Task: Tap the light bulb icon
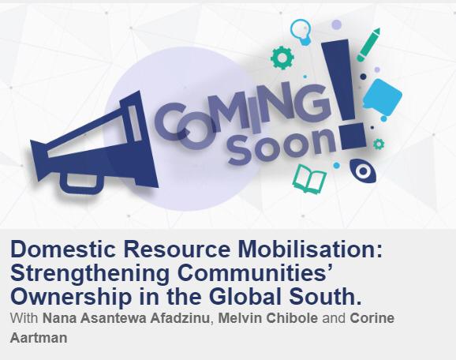click(x=301, y=32)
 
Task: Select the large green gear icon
click(x=282, y=58)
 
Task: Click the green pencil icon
click(x=368, y=44)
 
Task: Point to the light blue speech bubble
click(x=383, y=95)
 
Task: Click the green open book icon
click(x=308, y=178)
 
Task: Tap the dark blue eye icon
click(x=363, y=171)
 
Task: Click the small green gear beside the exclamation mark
click(x=379, y=144)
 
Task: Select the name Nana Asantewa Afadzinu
click(x=126, y=318)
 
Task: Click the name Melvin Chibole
click(x=268, y=318)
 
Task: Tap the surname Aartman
click(x=39, y=338)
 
